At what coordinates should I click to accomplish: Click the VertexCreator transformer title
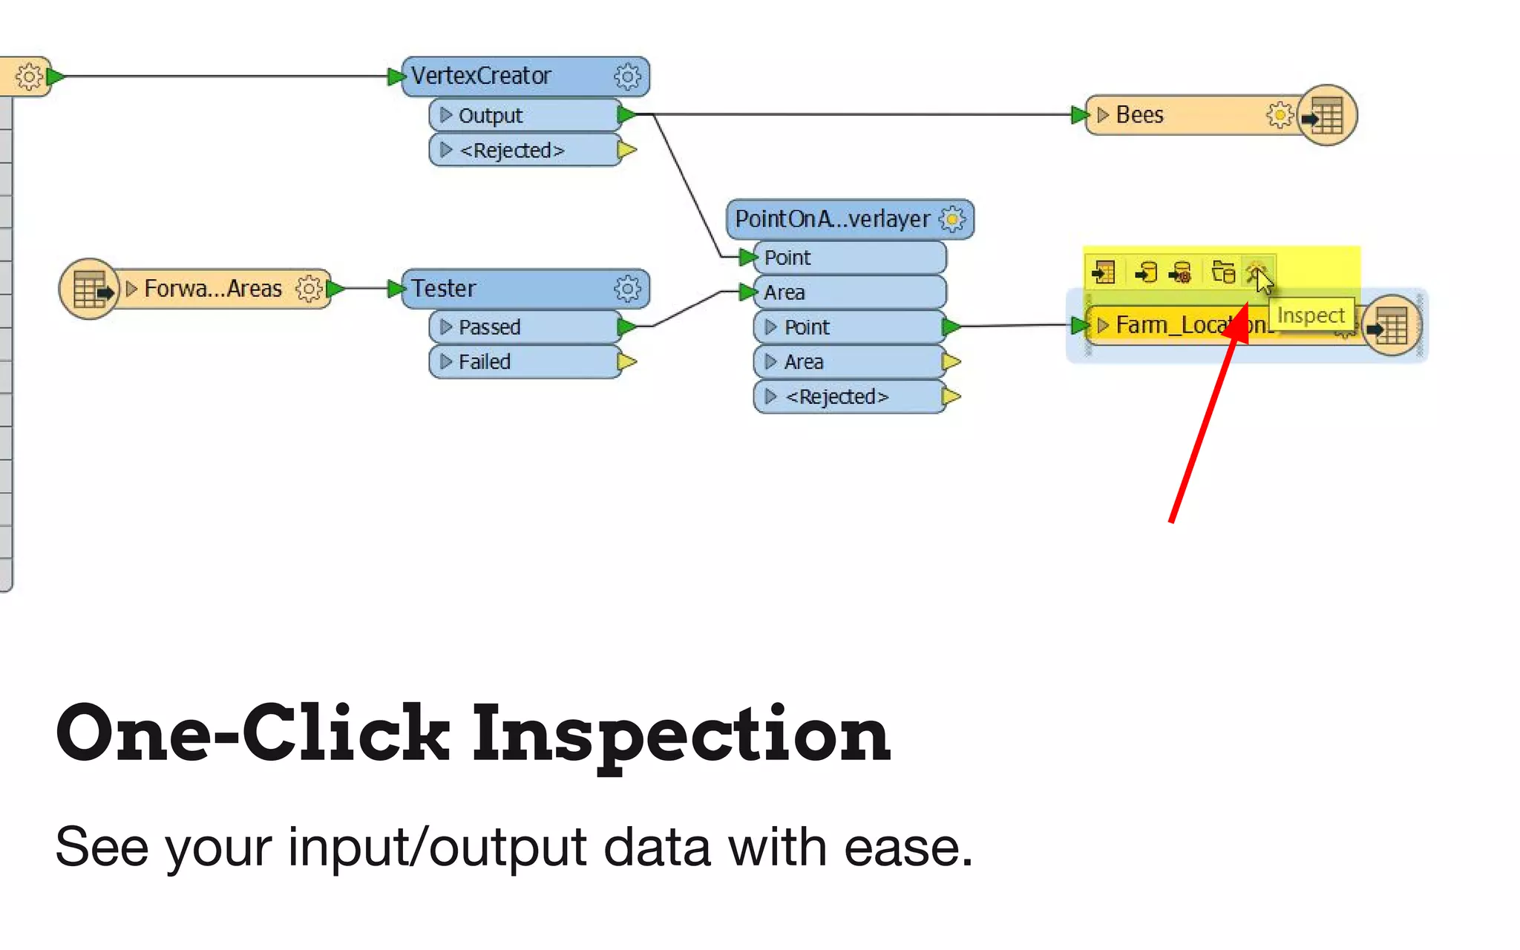tap(481, 76)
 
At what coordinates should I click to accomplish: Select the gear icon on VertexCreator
tap(627, 76)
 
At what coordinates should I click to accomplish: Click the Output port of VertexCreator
tap(490, 115)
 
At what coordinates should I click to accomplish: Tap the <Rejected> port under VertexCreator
tap(511, 150)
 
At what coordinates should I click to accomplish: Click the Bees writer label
tap(1139, 115)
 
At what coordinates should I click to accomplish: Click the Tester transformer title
tap(444, 288)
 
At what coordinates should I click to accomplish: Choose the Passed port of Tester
tap(489, 327)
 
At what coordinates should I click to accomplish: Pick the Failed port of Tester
tap(484, 361)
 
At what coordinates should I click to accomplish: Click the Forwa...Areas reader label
tap(213, 288)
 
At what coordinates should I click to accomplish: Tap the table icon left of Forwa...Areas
tap(89, 289)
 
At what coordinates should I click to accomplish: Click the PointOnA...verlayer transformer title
tap(832, 219)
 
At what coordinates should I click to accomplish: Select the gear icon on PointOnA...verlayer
tap(952, 219)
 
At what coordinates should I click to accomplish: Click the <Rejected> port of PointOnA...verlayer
tap(836, 396)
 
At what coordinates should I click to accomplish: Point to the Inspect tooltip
tap(1311, 315)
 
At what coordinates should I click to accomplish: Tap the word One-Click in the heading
tap(252, 733)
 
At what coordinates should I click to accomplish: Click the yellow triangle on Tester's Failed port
tap(626, 361)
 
